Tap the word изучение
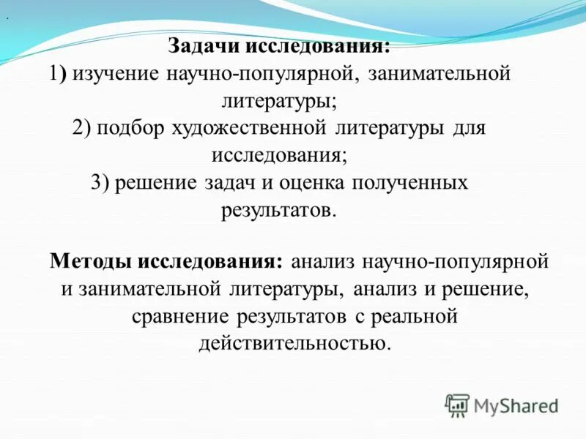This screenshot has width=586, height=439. [x=117, y=74]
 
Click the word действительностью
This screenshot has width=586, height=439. [x=292, y=343]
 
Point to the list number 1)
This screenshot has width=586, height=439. [x=59, y=74]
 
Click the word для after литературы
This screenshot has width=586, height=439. [x=470, y=128]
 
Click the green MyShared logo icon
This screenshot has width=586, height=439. [x=457, y=405]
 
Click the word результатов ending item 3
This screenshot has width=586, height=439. [x=277, y=210]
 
